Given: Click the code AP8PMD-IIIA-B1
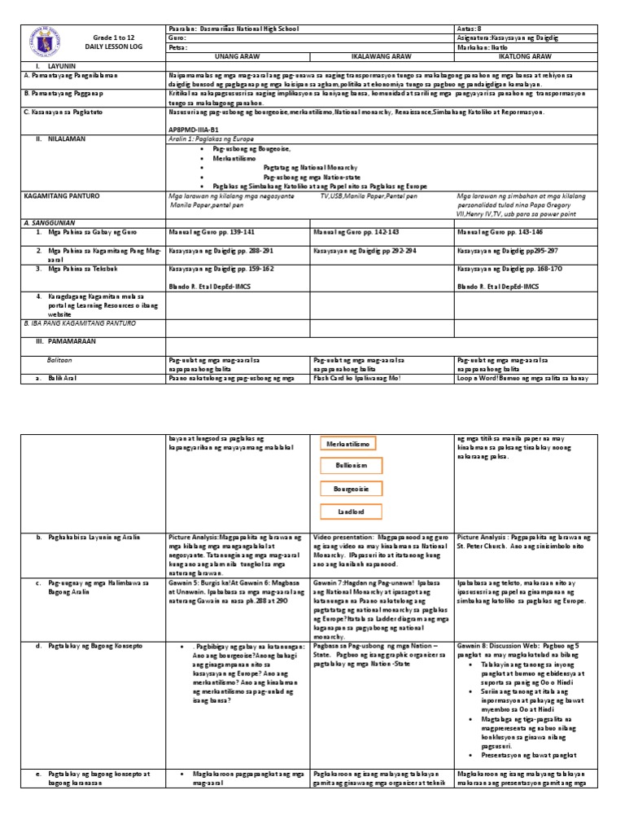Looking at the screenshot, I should point(193,129).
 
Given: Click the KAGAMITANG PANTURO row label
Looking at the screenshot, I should point(56,197).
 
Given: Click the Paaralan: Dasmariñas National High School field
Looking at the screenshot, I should point(233,29).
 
